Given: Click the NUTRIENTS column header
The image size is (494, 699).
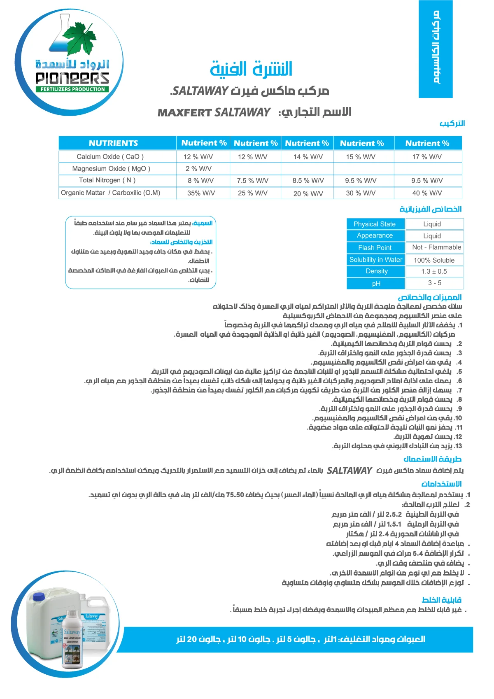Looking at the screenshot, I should (x=113, y=143).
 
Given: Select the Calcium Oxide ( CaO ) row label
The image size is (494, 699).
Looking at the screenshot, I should (x=110, y=156).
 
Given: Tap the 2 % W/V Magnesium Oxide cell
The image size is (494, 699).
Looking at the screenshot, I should (x=198, y=168).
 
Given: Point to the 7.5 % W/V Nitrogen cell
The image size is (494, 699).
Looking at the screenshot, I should (x=252, y=180).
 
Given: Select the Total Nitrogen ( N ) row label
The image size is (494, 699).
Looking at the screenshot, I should (x=107, y=180).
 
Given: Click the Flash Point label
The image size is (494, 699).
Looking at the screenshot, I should (x=375, y=248).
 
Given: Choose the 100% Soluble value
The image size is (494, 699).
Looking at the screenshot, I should (x=434, y=260).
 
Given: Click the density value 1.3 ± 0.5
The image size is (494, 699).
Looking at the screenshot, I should (x=434, y=272).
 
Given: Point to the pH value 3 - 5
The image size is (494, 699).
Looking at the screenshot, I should (x=434, y=283).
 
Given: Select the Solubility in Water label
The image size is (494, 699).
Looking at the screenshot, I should (x=375, y=260).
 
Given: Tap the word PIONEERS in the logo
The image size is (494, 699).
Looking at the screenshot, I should (x=72, y=78).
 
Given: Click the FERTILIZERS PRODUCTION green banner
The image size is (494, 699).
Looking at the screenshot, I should (x=72, y=89).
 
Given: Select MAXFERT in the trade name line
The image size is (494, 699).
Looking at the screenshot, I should (x=185, y=113).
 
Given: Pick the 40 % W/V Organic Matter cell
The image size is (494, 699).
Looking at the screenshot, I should (x=427, y=193).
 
